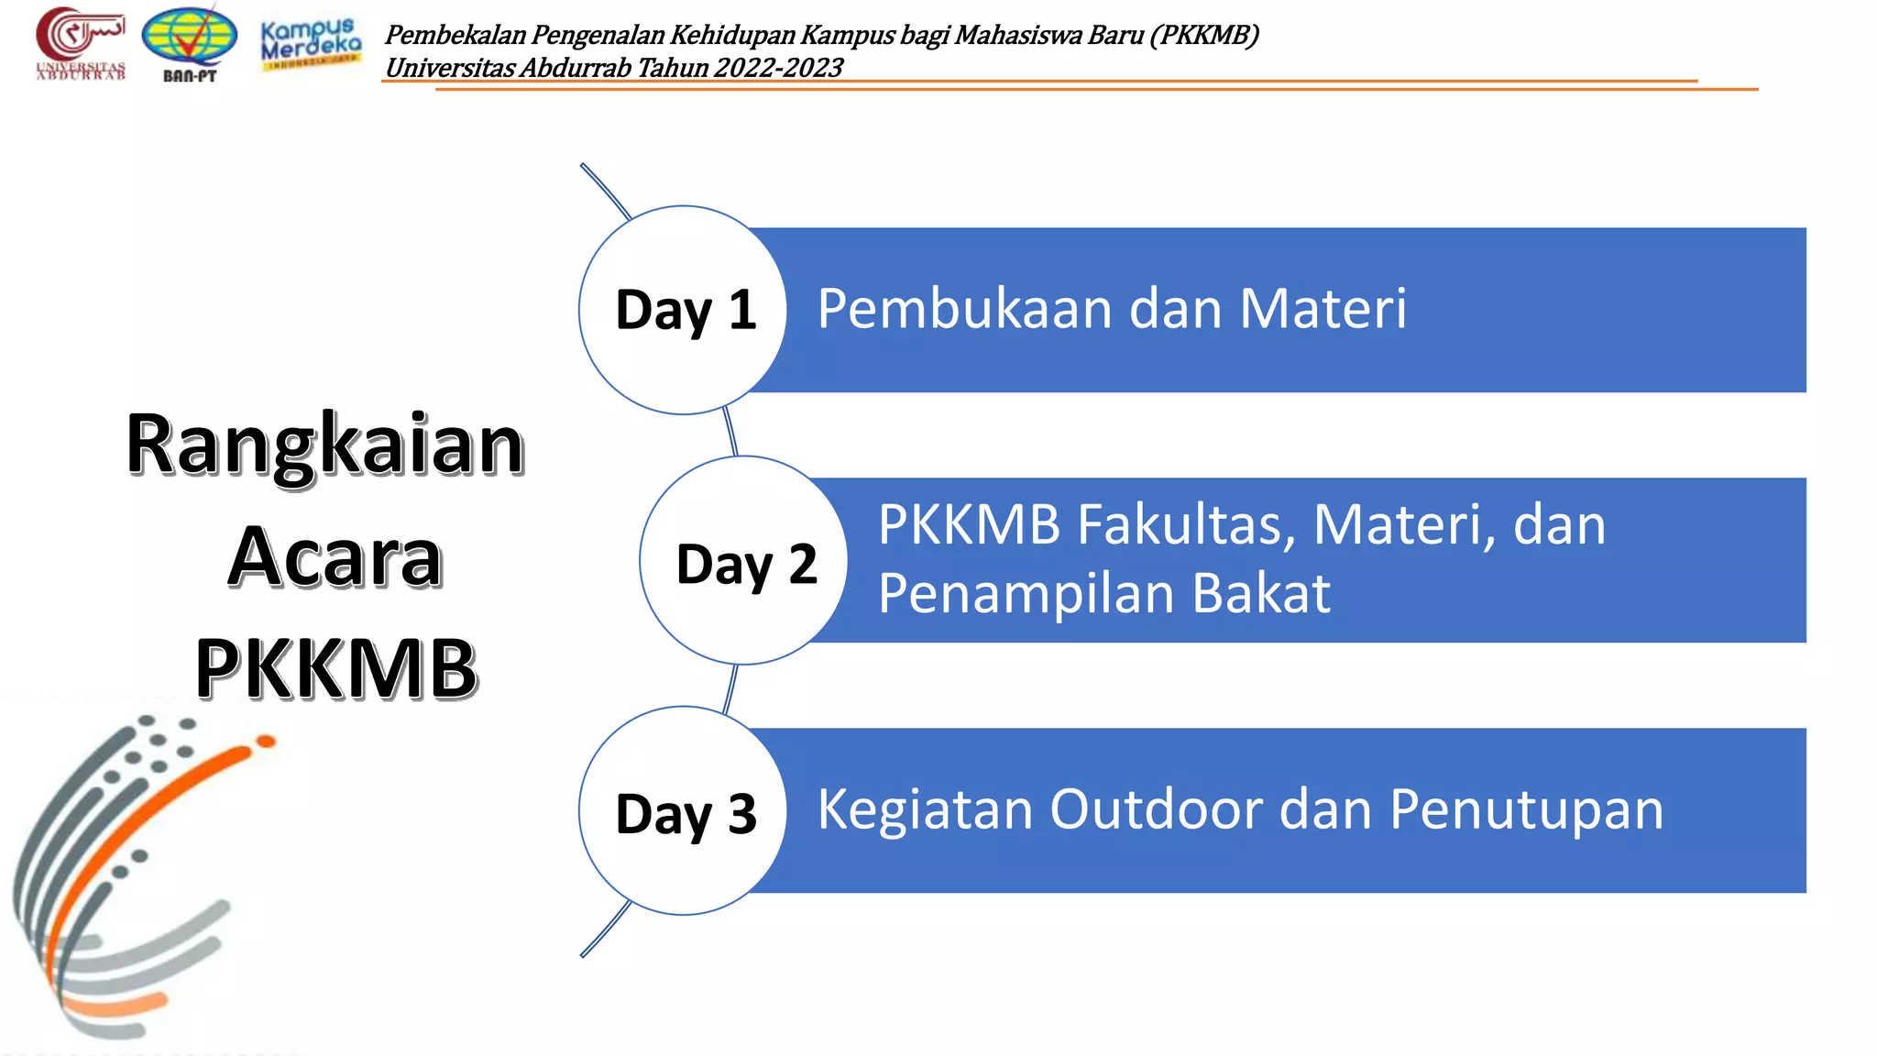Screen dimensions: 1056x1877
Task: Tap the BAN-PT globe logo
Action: [x=190, y=43]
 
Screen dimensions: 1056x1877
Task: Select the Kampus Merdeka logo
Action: [x=311, y=42]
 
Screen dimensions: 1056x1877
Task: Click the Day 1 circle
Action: [x=683, y=310]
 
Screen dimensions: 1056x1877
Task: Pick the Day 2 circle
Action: [x=743, y=560]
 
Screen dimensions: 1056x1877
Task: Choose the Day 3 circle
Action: [x=683, y=810]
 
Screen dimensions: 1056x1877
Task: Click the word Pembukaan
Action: [x=965, y=309]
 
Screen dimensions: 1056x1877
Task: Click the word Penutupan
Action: [x=1526, y=811]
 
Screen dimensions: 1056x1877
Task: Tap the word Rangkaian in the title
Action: [x=325, y=445]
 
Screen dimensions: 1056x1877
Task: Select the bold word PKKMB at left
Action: [x=336, y=668]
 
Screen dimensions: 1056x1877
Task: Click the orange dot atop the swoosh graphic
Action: [x=266, y=741]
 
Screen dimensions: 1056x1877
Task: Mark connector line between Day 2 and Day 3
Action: [x=730, y=687]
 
